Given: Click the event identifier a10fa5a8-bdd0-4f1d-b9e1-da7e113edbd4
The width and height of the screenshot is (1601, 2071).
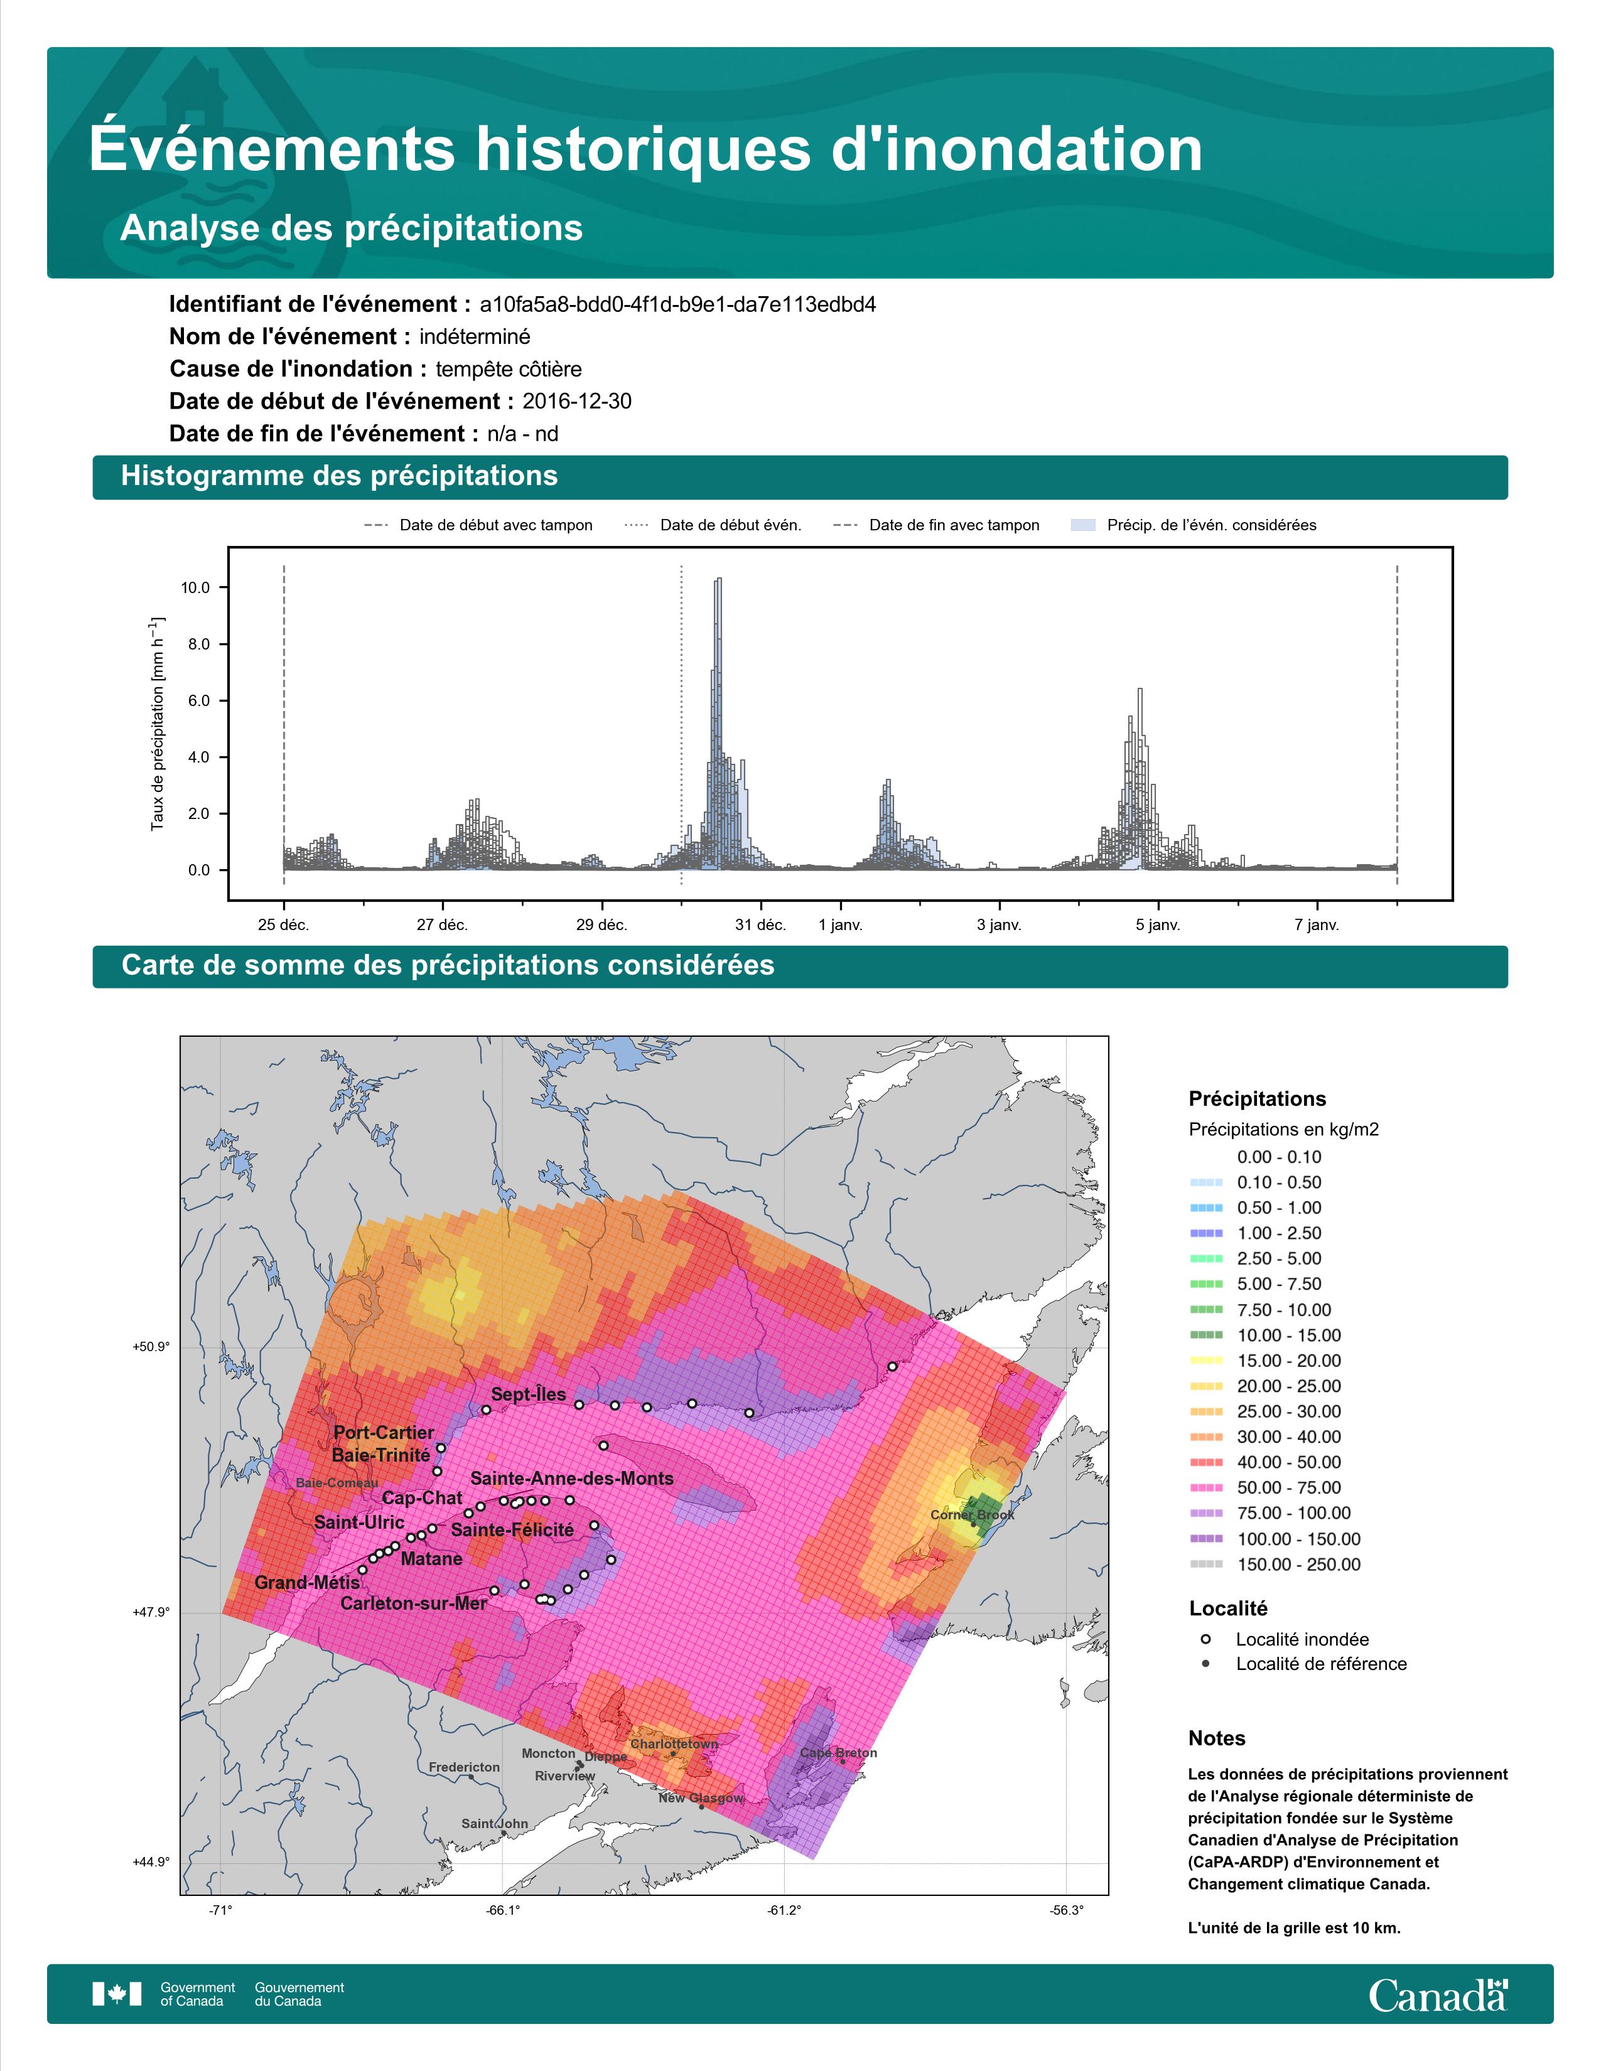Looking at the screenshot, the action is [677, 304].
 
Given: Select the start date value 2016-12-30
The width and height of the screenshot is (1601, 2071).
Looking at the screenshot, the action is [576, 401].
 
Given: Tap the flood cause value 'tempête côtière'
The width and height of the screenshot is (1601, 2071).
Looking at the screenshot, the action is [509, 369].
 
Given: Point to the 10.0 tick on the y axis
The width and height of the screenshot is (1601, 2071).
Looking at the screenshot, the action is [195, 588].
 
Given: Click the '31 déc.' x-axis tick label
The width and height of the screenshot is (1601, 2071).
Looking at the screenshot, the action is [759, 924].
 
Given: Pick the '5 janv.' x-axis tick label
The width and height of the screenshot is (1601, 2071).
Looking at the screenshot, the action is [1158, 924].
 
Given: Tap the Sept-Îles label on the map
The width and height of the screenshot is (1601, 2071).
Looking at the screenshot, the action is [528, 1394].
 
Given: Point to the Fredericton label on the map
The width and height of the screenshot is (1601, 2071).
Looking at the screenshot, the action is [464, 1767].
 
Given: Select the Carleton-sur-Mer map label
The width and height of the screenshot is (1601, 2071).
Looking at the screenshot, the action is [414, 1603].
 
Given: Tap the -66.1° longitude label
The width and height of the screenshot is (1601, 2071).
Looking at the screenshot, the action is [503, 1910].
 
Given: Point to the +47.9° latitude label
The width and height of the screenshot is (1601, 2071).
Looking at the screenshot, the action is [151, 1612].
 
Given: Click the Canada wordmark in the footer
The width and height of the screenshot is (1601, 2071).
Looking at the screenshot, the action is [1438, 1994].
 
